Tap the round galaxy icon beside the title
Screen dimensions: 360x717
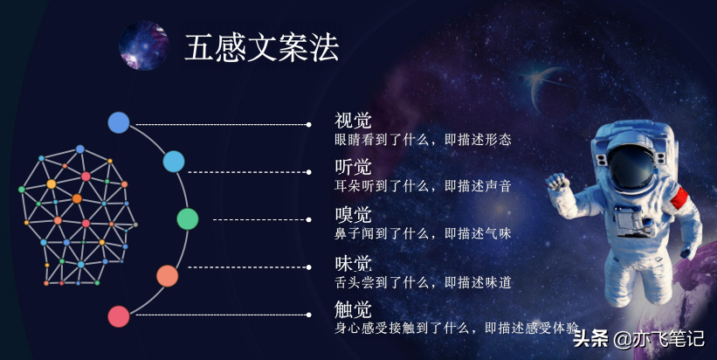[x=144, y=45]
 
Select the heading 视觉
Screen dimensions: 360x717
[x=354, y=121]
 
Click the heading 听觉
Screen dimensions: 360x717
[x=354, y=167]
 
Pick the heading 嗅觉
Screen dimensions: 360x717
[x=354, y=215]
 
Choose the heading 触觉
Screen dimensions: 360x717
[x=354, y=309]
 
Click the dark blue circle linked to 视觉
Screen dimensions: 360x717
[x=119, y=123]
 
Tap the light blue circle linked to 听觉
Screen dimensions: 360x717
[x=174, y=162]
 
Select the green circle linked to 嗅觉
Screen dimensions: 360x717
[x=188, y=219]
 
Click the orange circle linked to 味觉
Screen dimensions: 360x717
[x=167, y=276]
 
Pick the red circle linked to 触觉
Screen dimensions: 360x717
[x=119, y=315]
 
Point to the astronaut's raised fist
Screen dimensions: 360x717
[x=557, y=182]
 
